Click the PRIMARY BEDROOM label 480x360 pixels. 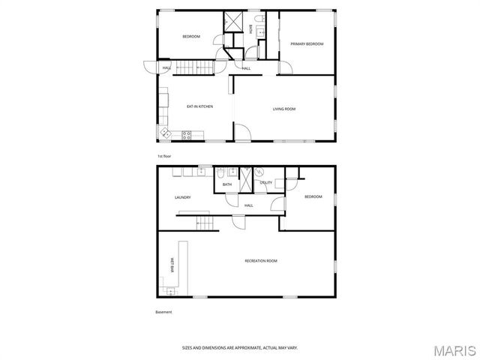point(307,44)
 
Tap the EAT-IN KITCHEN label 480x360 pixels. point(199,106)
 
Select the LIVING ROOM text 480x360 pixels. point(283,109)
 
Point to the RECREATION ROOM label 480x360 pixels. point(261,261)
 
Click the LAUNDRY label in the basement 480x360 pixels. point(182,198)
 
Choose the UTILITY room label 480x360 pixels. point(266,183)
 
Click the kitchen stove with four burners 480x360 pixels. point(187,135)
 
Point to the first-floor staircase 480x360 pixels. point(196,68)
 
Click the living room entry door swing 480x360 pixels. point(242,134)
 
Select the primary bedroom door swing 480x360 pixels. point(285,67)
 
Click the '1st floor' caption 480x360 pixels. point(164,156)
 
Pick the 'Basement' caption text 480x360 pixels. point(163,312)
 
